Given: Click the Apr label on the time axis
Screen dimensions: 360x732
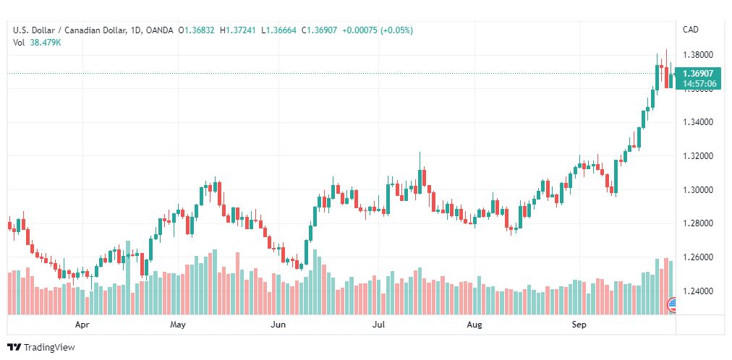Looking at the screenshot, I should [82, 325].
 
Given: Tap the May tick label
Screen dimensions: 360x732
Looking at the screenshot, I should [178, 325].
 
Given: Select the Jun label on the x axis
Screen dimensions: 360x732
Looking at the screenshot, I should [278, 325].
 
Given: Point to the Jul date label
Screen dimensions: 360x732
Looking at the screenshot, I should [378, 325].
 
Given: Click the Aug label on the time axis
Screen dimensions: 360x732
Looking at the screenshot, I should [474, 325].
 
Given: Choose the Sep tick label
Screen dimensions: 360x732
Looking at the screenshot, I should [579, 325].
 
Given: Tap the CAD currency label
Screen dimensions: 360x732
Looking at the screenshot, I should [690, 30].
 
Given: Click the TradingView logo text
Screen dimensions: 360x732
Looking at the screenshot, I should [49, 348].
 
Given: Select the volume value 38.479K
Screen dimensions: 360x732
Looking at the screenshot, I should [46, 42].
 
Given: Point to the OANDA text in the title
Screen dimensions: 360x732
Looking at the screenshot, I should [158, 30].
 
